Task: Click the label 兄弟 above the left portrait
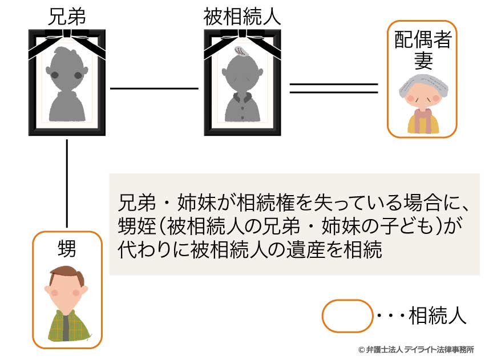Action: coord(67,16)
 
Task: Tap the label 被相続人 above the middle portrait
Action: coord(242,16)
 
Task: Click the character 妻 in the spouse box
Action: coord(423,60)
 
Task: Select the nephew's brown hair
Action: coord(67,276)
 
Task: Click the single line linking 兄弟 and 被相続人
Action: coord(154,88)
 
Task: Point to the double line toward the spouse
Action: coord(334,88)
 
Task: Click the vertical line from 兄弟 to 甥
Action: coord(67,183)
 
